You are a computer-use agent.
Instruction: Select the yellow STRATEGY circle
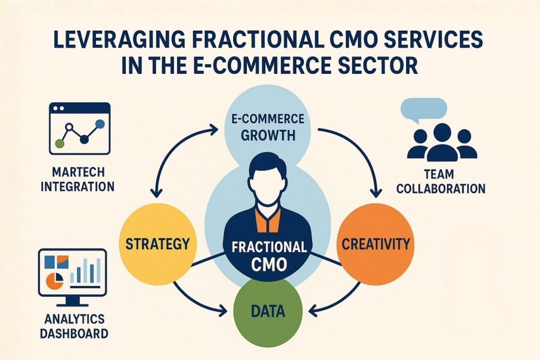click(x=158, y=244)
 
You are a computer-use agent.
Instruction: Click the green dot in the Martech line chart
click(x=60, y=143)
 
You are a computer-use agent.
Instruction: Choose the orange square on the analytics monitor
click(x=63, y=260)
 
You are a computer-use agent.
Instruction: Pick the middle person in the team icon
click(x=441, y=141)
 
